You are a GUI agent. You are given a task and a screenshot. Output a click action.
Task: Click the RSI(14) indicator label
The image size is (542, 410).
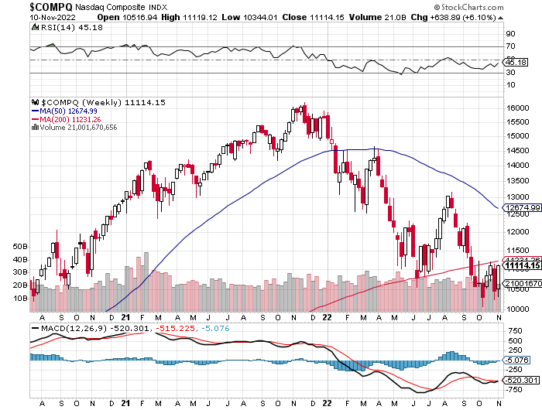[x=52, y=26]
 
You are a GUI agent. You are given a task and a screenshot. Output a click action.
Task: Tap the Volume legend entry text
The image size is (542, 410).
[x=77, y=128]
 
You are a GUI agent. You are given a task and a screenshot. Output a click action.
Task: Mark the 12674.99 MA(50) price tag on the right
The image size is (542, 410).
[x=521, y=207]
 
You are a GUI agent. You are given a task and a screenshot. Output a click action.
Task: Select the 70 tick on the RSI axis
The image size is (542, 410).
[x=510, y=46]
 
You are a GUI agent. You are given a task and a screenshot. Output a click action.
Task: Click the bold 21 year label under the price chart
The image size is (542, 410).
[x=126, y=317]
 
